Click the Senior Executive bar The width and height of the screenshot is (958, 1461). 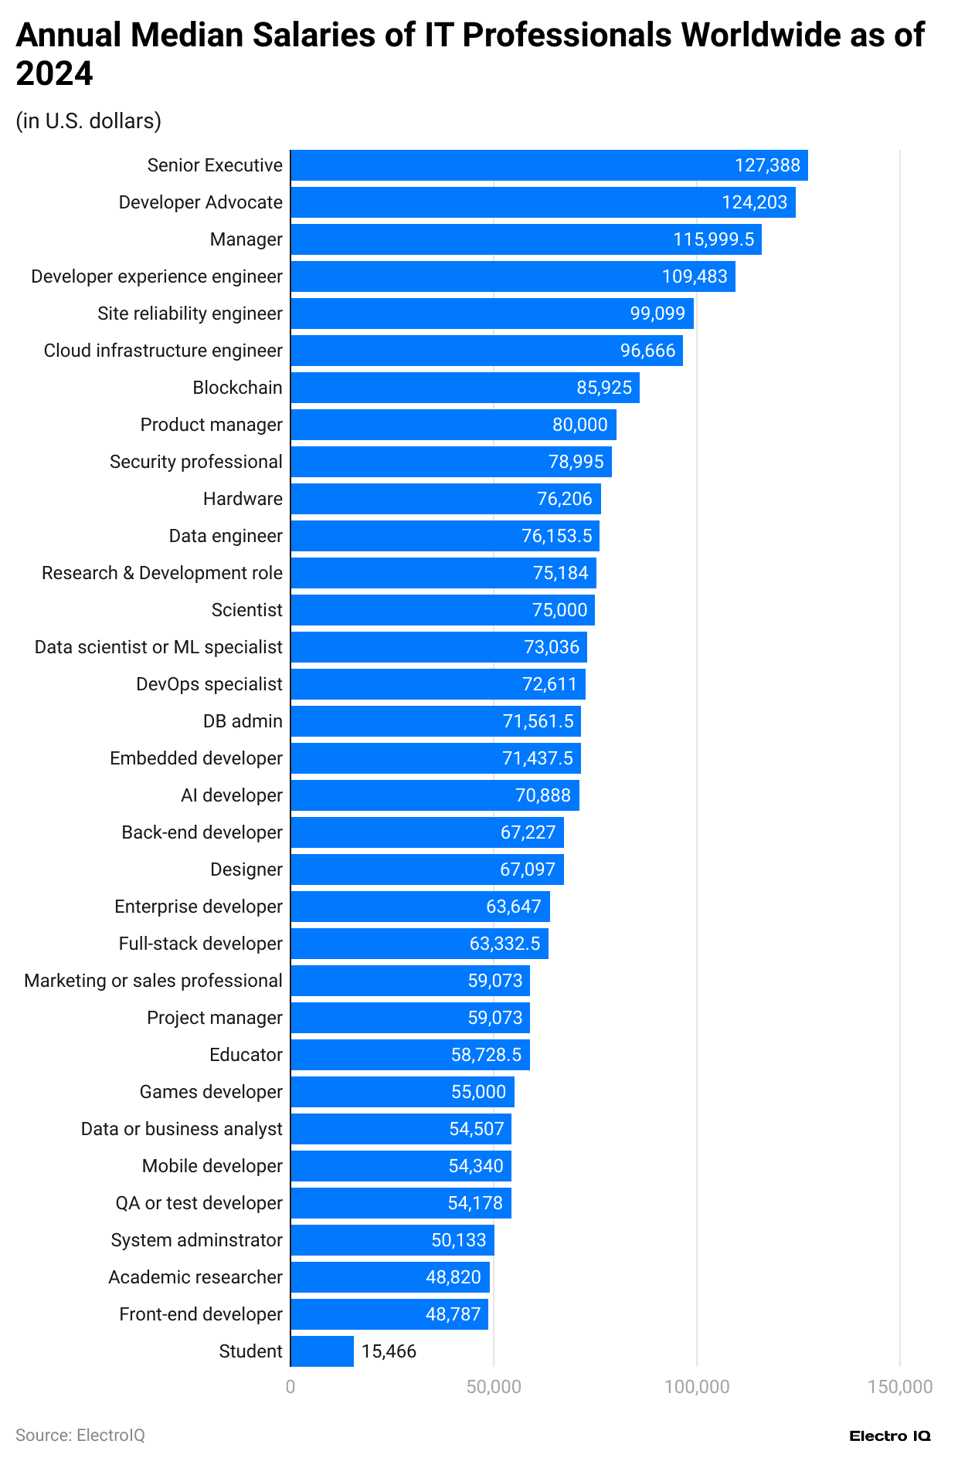click(x=549, y=165)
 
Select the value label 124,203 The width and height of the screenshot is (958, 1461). click(x=754, y=202)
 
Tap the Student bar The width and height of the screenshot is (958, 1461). click(x=322, y=1351)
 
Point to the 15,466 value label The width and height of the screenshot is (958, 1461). click(x=389, y=1351)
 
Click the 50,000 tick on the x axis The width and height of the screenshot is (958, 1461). click(x=494, y=1387)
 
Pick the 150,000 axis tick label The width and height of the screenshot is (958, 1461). click(x=900, y=1387)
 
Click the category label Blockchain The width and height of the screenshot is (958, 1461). click(x=237, y=388)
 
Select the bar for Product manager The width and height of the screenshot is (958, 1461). click(x=453, y=425)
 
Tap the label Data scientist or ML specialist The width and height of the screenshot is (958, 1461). click(x=158, y=647)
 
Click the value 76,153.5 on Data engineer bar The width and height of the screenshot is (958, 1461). click(x=556, y=536)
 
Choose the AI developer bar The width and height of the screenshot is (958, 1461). click(x=434, y=795)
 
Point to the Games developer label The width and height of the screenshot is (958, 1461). click(x=211, y=1092)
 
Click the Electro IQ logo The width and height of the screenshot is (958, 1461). click(x=889, y=1436)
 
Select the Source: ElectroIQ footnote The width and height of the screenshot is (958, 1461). click(x=80, y=1435)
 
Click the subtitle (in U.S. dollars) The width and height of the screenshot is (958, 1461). click(x=89, y=121)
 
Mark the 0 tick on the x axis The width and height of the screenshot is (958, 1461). click(x=290, y=1387)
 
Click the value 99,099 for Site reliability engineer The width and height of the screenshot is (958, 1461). click(x=657, y=314)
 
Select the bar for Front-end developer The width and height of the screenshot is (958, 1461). click(x=389, y=1314)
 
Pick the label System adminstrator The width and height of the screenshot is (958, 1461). click(x=196, y=1240)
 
